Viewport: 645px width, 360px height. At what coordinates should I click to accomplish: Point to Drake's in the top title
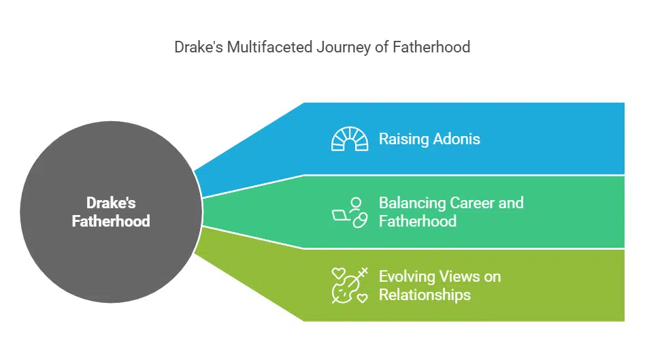point(198,48)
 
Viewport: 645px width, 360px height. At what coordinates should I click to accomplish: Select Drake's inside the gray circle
point(110,202)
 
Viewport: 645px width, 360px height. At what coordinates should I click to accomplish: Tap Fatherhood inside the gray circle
point(110,221)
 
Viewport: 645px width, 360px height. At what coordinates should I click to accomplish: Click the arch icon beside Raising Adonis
point(349,139)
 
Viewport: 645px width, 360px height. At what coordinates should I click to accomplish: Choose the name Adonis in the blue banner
point(457,139)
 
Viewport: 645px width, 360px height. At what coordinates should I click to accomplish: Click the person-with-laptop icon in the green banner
point(349,212)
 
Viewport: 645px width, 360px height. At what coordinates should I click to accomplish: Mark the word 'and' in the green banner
point(511,203)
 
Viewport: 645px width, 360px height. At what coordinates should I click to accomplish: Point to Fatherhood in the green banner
point(417,221)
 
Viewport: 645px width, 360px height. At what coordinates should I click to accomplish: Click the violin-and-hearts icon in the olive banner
point(349,284)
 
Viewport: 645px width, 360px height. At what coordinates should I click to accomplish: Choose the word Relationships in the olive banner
point(425,295)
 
